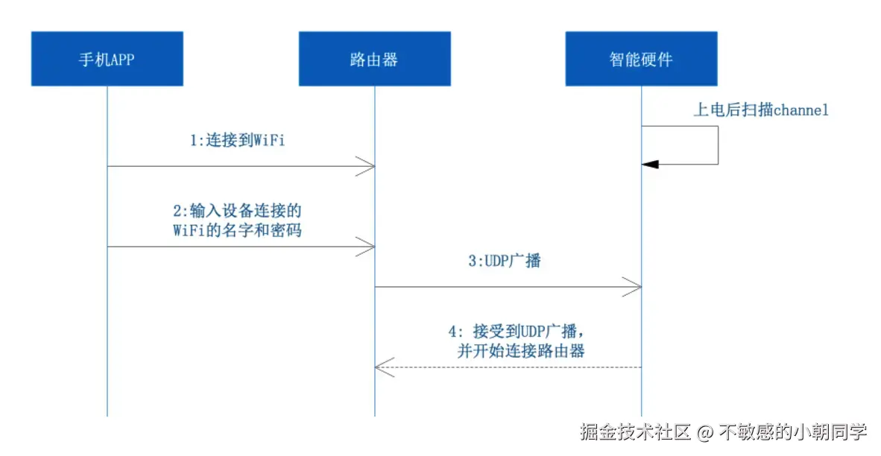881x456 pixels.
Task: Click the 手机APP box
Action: [107, 59]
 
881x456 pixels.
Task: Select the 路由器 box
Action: [374, 59]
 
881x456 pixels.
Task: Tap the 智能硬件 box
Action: [641, 59]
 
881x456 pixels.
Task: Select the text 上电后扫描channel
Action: [761, 110]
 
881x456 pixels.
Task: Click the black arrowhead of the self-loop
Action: [651, 164]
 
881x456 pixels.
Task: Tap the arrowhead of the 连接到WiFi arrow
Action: [366, 166]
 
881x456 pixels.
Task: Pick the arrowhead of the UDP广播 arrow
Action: [633, 286]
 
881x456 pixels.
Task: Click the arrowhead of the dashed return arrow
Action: [383, 367]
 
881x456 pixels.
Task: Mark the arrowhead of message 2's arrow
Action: [366, 247]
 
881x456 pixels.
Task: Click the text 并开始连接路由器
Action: [521, 350]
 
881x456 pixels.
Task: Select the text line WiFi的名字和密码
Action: [237, 230]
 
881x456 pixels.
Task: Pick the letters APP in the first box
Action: [123, 60]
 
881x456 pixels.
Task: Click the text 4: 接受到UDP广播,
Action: [521, 330]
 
